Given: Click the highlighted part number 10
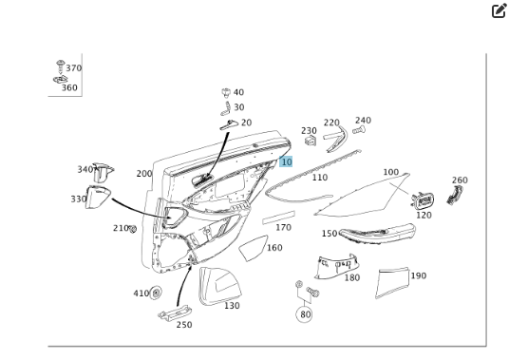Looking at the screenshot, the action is (286, 161).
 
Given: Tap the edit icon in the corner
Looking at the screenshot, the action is (499, 10).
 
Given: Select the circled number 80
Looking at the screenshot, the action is (304, 314).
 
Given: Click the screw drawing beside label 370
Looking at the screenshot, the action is (61, 66).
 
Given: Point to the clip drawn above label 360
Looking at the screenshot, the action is (61, 79).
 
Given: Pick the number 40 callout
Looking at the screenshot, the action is (238, 92).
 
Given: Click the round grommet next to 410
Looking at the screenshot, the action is (156, 294).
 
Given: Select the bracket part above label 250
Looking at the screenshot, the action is (175, 313).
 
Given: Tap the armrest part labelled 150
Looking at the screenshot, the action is (377, 232).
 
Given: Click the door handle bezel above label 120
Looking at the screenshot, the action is (423, 201).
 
